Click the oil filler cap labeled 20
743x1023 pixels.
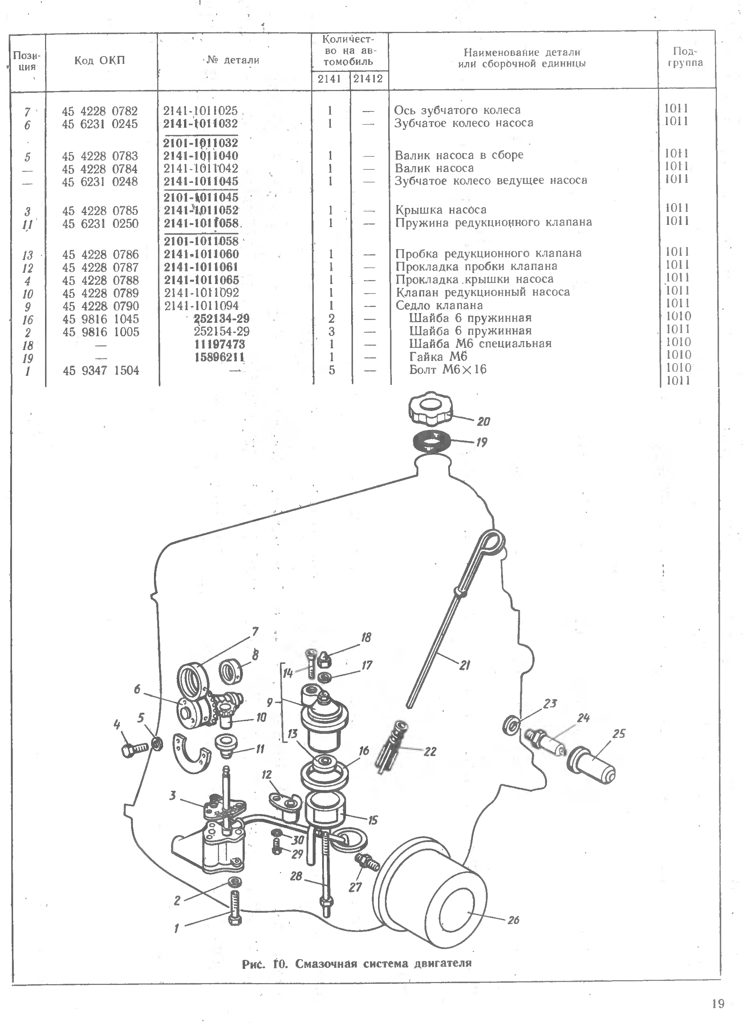coord(431,408)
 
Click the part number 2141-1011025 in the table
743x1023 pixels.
coord(200,111)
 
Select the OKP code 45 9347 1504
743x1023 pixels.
coord(101,371)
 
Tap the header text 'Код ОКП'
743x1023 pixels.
coord(100,61)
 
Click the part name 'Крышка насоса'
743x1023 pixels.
coord(441,210)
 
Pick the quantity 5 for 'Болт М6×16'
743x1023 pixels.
coord(332,370)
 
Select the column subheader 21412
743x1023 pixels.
coord(368,79)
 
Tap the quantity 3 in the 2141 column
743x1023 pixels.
coord(331,332)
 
